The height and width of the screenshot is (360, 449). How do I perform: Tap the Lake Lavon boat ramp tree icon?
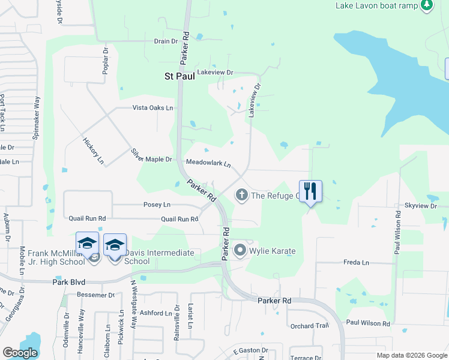[x=426, y=5]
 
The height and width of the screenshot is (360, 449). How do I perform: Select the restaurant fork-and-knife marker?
[x=310, y=191]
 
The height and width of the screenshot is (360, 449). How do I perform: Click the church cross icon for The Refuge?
[x=241, y=194]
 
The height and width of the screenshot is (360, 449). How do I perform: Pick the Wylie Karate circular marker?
[x=240, y=250]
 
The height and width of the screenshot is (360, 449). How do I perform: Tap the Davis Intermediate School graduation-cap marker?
[x=115, y=245]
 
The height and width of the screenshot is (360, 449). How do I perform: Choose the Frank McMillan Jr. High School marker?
[x=87, y=245]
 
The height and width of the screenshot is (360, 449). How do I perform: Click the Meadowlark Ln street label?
[x=208, y=163]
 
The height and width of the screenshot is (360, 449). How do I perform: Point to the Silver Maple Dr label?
[x=152, y=156]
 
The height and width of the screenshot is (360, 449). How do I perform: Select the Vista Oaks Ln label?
[x=152, y=108]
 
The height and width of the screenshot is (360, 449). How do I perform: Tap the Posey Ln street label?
[x=157, y=205]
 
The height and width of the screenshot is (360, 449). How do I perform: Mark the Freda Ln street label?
[x=356, y=262]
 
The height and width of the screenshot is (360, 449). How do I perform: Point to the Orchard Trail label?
[x=310, y=326]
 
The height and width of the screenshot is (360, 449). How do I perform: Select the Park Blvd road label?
[x=69, y=281]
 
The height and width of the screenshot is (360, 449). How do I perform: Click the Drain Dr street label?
[x=166, y=41]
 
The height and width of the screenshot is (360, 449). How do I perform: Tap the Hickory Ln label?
[x=93, y=150]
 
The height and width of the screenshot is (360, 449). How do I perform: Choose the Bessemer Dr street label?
[x=95, y=295]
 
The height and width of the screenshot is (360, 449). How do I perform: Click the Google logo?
[x=20, y=353]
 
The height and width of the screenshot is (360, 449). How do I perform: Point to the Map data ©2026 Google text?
[x=411, y=355]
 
